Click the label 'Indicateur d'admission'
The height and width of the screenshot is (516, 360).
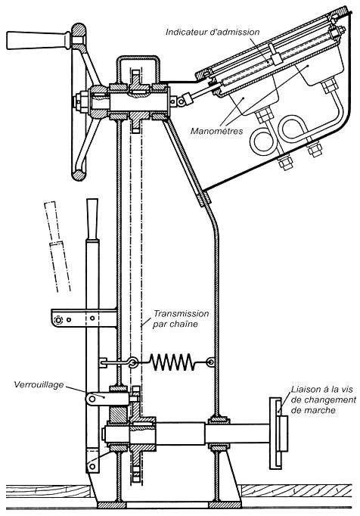213,32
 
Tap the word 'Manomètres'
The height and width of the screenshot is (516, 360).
217,131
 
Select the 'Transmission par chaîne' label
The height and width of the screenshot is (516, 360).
181,319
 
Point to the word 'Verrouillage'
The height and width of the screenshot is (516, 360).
39,384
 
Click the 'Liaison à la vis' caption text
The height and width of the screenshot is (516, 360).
322,390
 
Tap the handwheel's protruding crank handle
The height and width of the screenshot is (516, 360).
39,40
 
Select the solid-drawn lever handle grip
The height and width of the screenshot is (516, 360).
92,219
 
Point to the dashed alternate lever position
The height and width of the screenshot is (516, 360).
57,246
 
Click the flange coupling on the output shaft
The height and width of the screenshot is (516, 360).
279,433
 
